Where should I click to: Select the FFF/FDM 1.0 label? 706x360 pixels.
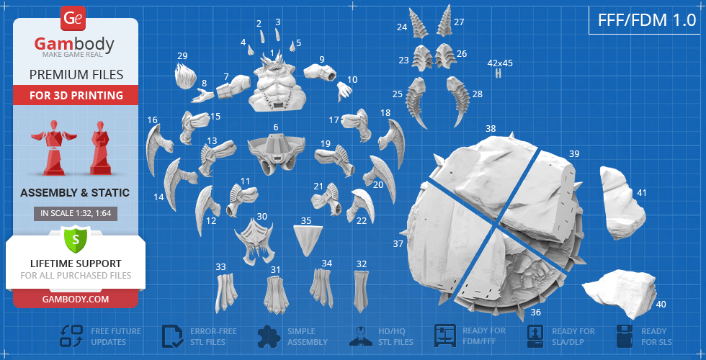pyautogui.click(x=647, y=20)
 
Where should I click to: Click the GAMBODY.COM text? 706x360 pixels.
pyautogui.click(x=76, y=299)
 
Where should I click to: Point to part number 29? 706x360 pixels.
pyautogui.click(x=186, y=76)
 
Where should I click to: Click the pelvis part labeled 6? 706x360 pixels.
pyautogui.click(x=275, y=152)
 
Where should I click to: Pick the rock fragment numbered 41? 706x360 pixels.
pyautogui.click(x=622, y=202)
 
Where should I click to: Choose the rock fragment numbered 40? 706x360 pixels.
pyautogui.click(x=620, y=292)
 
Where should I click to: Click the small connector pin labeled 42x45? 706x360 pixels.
pyautogui.click(x=498, y=73)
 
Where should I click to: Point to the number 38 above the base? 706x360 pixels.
pyautogui.click(x=491, y=129)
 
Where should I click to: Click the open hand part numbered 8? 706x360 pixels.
pyautogui.click(x=202, y=95)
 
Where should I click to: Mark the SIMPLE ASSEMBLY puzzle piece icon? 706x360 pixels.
pyautogui.click(x=269, y=336)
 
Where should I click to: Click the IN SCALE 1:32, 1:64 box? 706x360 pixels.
pyautogui.click(x=76, y=214)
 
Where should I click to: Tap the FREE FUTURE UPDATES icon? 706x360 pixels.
pyautogui.click(x=71, y=336)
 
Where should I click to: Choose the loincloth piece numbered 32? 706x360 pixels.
pyautogui.click(x=361, y=291)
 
